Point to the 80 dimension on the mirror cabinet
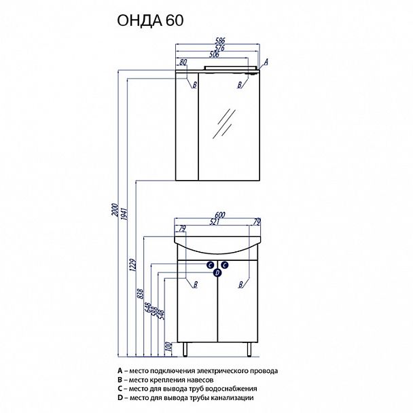[183, 62]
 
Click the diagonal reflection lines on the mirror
[221, 125]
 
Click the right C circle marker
[224, 264]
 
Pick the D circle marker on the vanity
[217, 272]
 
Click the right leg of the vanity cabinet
[251, 348]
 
